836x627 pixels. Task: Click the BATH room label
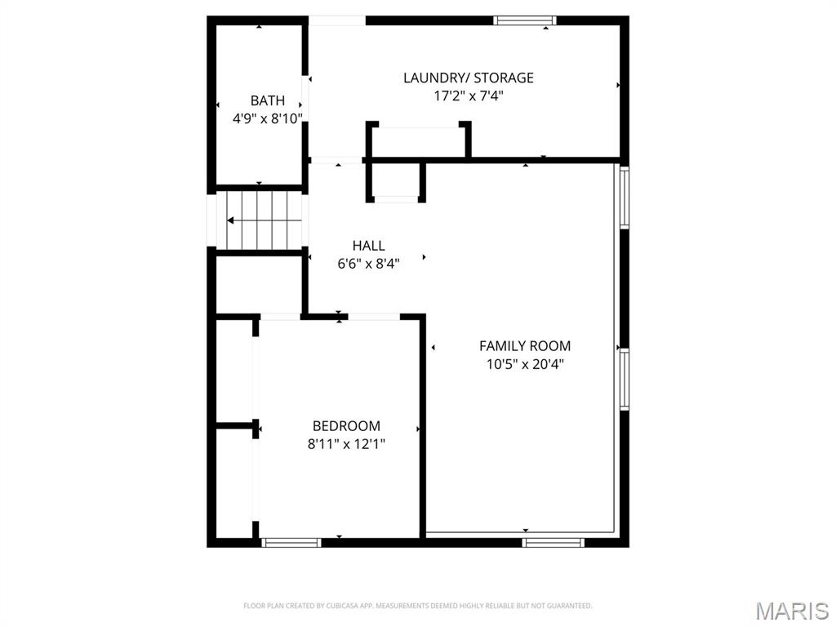coord(268,100)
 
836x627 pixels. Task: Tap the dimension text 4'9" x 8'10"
coord(268,118)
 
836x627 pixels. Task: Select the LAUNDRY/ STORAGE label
coord(469,78)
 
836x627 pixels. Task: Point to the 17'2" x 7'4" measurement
coord(469,96)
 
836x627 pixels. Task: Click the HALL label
coord(369,245)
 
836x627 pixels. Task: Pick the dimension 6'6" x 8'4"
coord(369,264)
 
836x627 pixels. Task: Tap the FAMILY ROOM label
coord(525,345)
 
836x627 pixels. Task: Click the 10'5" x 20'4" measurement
coord(525,364)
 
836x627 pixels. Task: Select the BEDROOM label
coord(346,425)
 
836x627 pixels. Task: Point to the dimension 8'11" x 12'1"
coord(346,444)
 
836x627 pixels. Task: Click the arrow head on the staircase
coord(231,220)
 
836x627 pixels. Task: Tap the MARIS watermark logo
coord(791,610)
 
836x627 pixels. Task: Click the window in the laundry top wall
coord(526,20)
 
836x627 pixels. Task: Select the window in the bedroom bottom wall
coord(291,541)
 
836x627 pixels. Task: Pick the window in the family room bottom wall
coord(554,541)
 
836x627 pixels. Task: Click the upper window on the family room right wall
coord(625,197)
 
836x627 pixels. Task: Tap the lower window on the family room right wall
coord(625,379)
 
